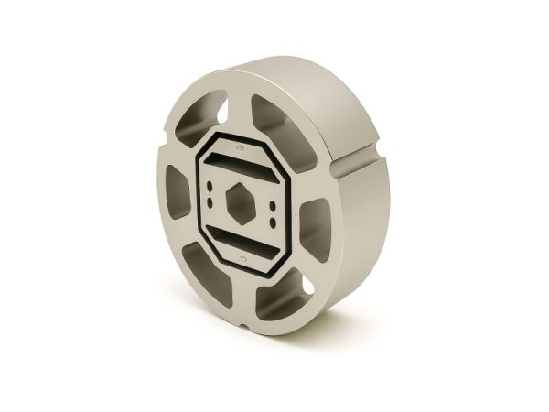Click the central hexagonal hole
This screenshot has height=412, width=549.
coord(242,201)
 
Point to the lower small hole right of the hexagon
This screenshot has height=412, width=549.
coord(273,220)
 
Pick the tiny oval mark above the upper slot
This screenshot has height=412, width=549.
coord(241,146)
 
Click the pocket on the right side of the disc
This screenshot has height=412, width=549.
coord(313,224)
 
